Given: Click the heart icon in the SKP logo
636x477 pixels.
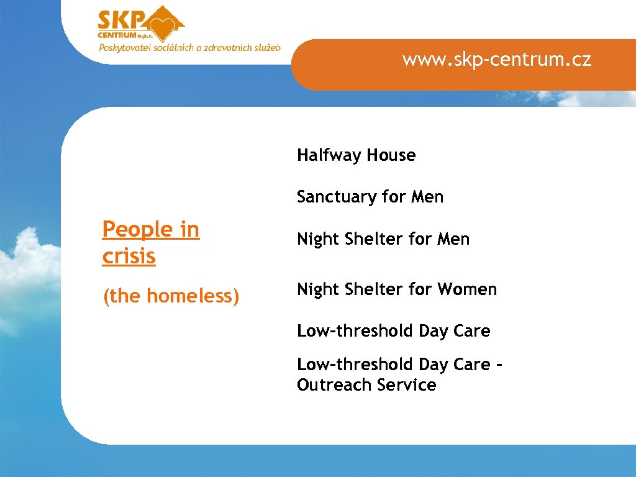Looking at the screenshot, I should point(165,27).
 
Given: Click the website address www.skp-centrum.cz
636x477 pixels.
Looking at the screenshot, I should point(496,60).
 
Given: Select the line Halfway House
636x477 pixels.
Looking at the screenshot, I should point(356,155).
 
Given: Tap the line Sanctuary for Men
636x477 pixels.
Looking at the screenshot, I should point(370,197).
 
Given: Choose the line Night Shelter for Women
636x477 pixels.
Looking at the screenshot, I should point(397,289).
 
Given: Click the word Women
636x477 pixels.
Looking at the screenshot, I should point(467,289).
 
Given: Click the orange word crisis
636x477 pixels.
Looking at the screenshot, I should point(129,256).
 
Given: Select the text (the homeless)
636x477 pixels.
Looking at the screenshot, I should point(171,296).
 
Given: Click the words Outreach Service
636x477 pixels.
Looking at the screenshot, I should point(366,385).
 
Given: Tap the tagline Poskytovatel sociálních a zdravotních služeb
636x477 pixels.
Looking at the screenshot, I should point(189,47).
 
